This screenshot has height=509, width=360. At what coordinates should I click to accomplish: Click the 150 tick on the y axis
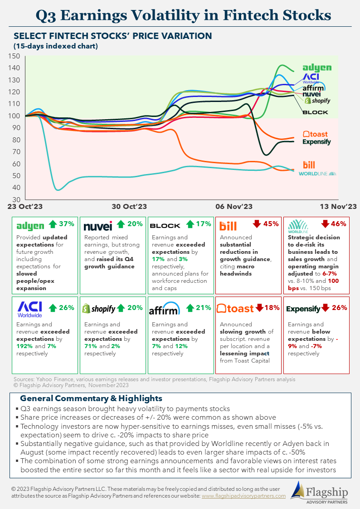tap(14, 56)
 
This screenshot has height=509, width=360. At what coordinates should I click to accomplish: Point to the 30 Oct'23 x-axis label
tap(129, 206)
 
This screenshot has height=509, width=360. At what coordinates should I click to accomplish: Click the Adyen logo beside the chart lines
tap(317, 68)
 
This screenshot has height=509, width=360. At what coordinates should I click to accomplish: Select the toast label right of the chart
tap(315, 134)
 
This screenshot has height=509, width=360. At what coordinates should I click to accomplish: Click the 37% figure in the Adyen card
tap(67, 224)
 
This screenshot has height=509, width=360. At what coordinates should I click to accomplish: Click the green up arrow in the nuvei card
tap(121, 224)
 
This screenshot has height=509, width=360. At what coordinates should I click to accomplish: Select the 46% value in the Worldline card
tap(338, 224)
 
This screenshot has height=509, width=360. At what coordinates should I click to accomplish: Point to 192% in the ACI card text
tap(24, 347)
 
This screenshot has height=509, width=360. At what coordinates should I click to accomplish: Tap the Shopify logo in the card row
tap(98, 309)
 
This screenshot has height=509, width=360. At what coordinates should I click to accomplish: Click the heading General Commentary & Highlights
tap(91, 399)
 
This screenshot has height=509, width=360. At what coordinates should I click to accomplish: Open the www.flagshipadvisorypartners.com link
tap(243, 496)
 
